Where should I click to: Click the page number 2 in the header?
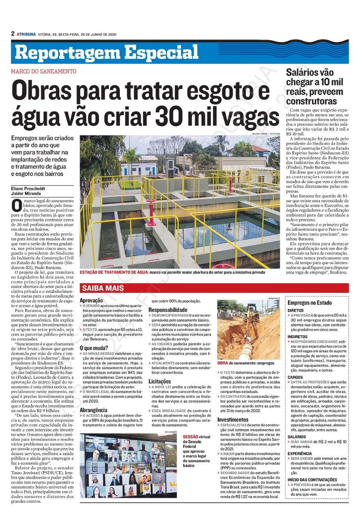13,34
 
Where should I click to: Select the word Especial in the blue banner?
162,53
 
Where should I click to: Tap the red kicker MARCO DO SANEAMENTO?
43,72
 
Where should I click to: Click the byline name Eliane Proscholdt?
29,189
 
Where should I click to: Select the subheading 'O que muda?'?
94,348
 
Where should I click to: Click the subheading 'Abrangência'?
93,410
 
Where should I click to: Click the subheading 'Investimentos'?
233,419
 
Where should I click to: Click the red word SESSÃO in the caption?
191,437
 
